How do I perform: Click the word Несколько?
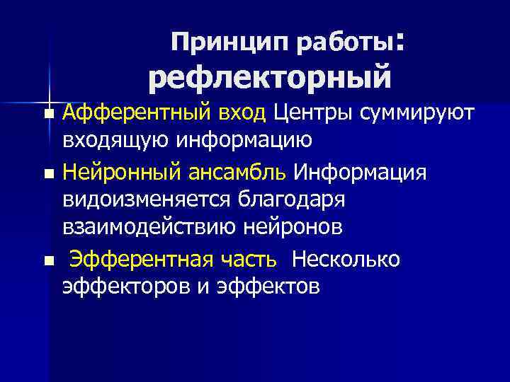coord(345,260)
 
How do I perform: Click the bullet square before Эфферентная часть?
coord(47,262)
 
